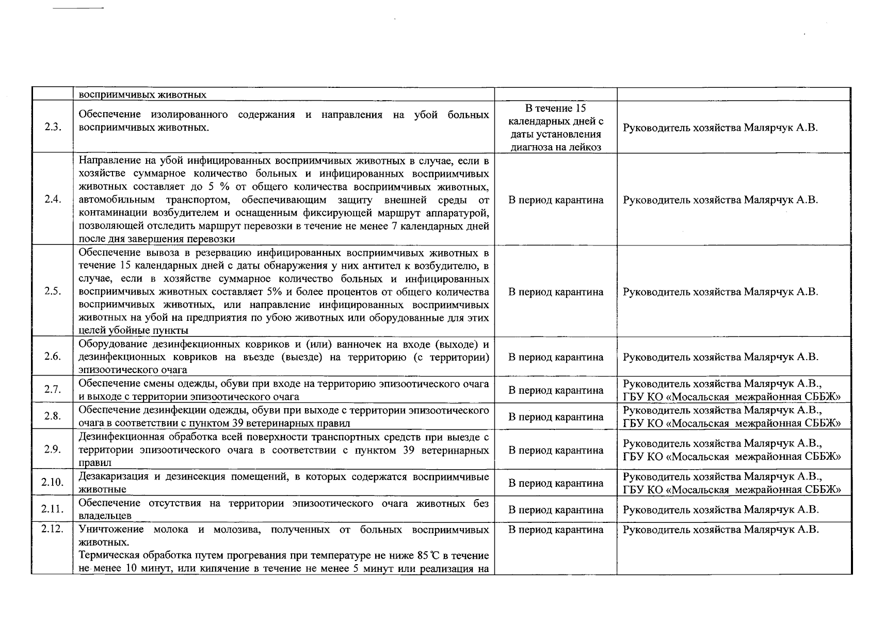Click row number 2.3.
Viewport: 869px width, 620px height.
[x=52, y=128]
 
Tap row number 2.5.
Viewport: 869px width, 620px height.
[x=52, y=291]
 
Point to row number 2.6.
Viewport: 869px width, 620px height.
[x=52, y=357]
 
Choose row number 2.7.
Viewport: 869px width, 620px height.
[x=52, y=390]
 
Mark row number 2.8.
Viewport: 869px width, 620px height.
[x=52, y=416]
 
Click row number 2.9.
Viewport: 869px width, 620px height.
[x=52, y=450]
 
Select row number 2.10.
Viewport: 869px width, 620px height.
[x=52, y=483]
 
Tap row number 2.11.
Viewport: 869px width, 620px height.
[x=52, y=509]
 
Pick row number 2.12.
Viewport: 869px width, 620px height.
[x=52, y=530]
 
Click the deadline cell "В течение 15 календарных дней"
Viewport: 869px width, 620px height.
[x=556, y=128]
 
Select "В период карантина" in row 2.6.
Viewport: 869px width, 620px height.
[x=556, y=357]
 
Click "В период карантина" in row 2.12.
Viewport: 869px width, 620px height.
[x=556, y=530]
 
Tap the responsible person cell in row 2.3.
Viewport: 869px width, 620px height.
[x=720, y=128]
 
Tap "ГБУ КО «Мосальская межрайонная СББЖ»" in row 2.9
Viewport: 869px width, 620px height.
[x=732, y=457]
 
